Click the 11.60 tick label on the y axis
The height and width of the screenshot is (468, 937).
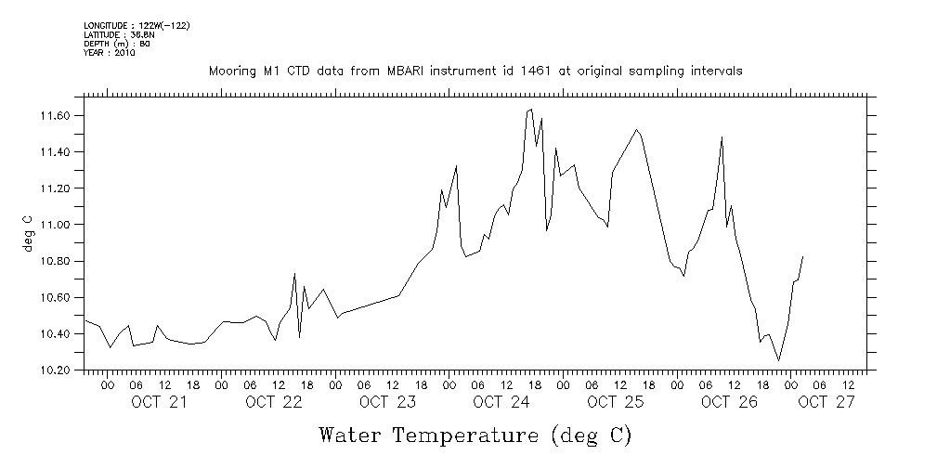59,116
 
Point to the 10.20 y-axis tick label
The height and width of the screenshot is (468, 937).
59,370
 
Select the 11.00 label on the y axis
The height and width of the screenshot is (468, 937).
59,225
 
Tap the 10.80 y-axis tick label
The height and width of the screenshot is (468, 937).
59,261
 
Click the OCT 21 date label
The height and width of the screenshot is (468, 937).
159,402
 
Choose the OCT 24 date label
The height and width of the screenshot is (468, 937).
501,402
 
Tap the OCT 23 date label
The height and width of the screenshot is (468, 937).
387,402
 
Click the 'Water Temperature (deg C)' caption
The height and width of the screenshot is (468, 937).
475,435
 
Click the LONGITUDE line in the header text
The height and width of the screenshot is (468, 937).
137,26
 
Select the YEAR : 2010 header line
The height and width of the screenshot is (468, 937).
110,53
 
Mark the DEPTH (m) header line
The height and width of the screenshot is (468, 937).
117,44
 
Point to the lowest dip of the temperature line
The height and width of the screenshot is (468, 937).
778,360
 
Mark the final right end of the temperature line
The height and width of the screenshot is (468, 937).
802,255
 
